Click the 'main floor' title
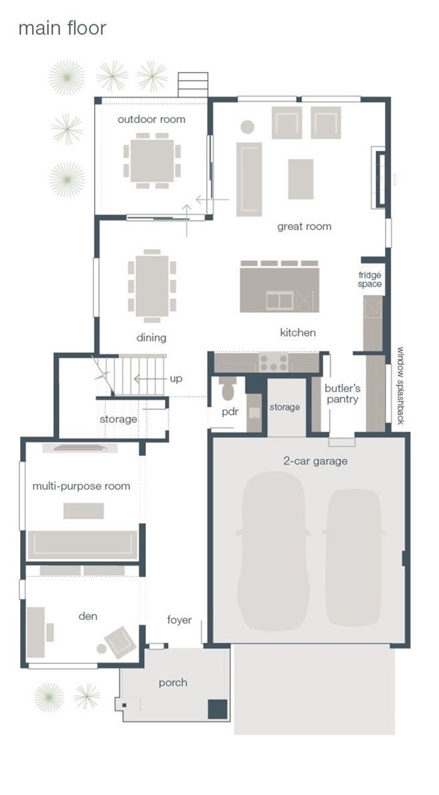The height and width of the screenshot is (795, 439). [62, 28]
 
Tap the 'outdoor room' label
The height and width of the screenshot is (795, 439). [151, 119]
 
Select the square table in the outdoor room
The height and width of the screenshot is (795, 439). [152, 161]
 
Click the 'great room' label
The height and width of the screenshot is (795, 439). [304, 226]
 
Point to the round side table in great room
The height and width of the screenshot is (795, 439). [247, 127]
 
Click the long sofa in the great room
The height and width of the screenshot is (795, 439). [249, 179]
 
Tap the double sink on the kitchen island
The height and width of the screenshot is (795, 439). [280, 300]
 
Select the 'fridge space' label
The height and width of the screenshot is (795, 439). [370, 280]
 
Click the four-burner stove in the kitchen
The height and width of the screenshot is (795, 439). [274, 363]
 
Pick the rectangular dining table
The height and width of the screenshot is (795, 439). [152, 286]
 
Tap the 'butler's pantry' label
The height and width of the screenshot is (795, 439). [342, 394]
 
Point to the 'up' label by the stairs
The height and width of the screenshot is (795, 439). [176, 378]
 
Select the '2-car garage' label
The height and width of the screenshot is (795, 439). [315, 461]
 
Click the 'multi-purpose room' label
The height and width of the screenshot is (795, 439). [81, 486]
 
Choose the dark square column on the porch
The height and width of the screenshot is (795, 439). [217, 709]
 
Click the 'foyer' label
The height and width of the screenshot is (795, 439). [179, 620]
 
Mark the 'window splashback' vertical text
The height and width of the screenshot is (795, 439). [400, 385]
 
